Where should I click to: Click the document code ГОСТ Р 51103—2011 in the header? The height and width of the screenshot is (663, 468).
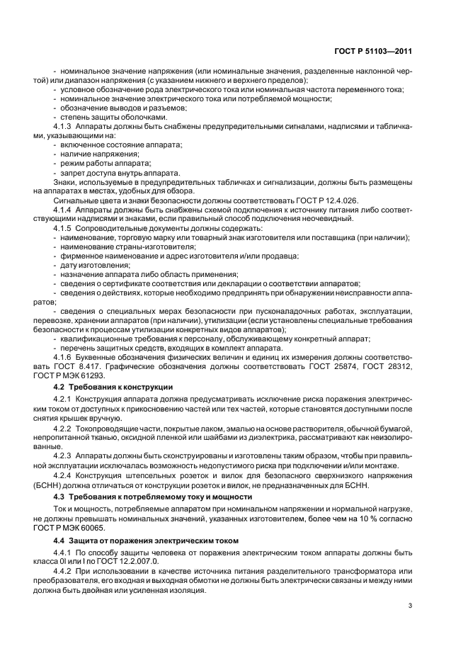[375, 50]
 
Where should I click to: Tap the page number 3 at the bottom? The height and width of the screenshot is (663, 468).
[411, 605]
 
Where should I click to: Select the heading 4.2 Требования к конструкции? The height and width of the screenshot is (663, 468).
[113, 387]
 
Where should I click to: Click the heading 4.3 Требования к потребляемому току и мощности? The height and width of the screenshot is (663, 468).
[153, 497]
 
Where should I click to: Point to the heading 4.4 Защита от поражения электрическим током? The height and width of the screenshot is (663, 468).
[147, 542]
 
